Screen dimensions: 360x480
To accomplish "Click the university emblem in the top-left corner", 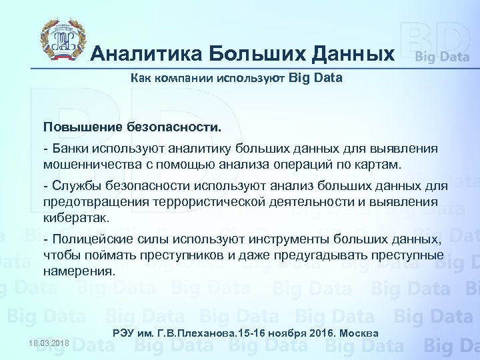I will [61, 41].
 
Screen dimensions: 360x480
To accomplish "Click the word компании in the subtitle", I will [183, 78].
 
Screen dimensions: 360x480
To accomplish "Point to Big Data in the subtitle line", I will [317, 78].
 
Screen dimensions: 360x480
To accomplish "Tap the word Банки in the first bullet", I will [70, 148].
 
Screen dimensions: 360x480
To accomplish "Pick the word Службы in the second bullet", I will [74, 185].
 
